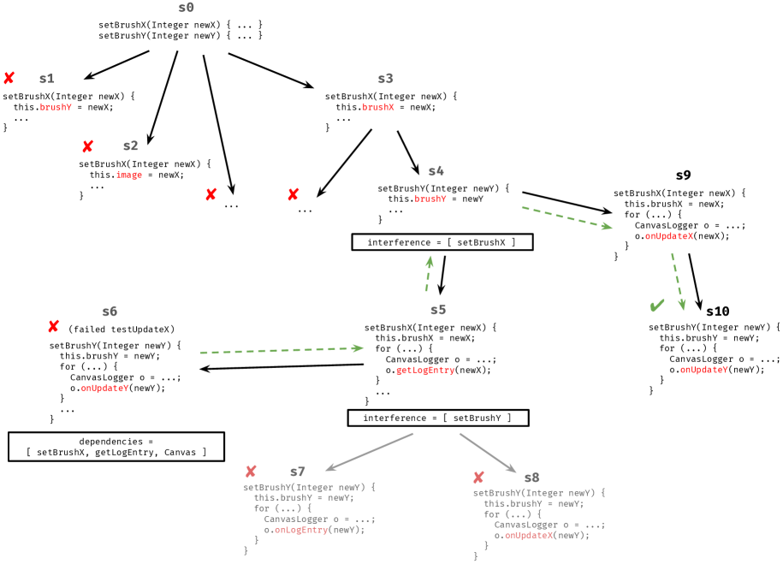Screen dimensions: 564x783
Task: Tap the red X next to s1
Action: point(9,78)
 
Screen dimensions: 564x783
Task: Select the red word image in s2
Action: point(128,175)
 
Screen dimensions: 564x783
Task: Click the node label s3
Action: point(385,79)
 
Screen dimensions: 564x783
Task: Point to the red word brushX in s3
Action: point(377,107)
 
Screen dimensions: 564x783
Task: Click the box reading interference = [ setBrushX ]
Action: point(442,242)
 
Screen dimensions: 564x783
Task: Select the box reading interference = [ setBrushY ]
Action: point(437,418)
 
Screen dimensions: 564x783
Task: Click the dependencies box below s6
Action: point(116,446)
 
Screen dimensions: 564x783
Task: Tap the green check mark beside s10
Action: point(657,306)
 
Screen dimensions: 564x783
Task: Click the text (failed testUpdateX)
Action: point(121,329)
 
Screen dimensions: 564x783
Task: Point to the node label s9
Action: point(683,175)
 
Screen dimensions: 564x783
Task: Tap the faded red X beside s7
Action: point(251,472)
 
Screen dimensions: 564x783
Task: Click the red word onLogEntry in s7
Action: point(301,530)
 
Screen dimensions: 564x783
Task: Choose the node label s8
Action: point(531,477)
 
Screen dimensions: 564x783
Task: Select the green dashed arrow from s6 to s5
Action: point(282,350)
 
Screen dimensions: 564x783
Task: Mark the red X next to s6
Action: point(53,327)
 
